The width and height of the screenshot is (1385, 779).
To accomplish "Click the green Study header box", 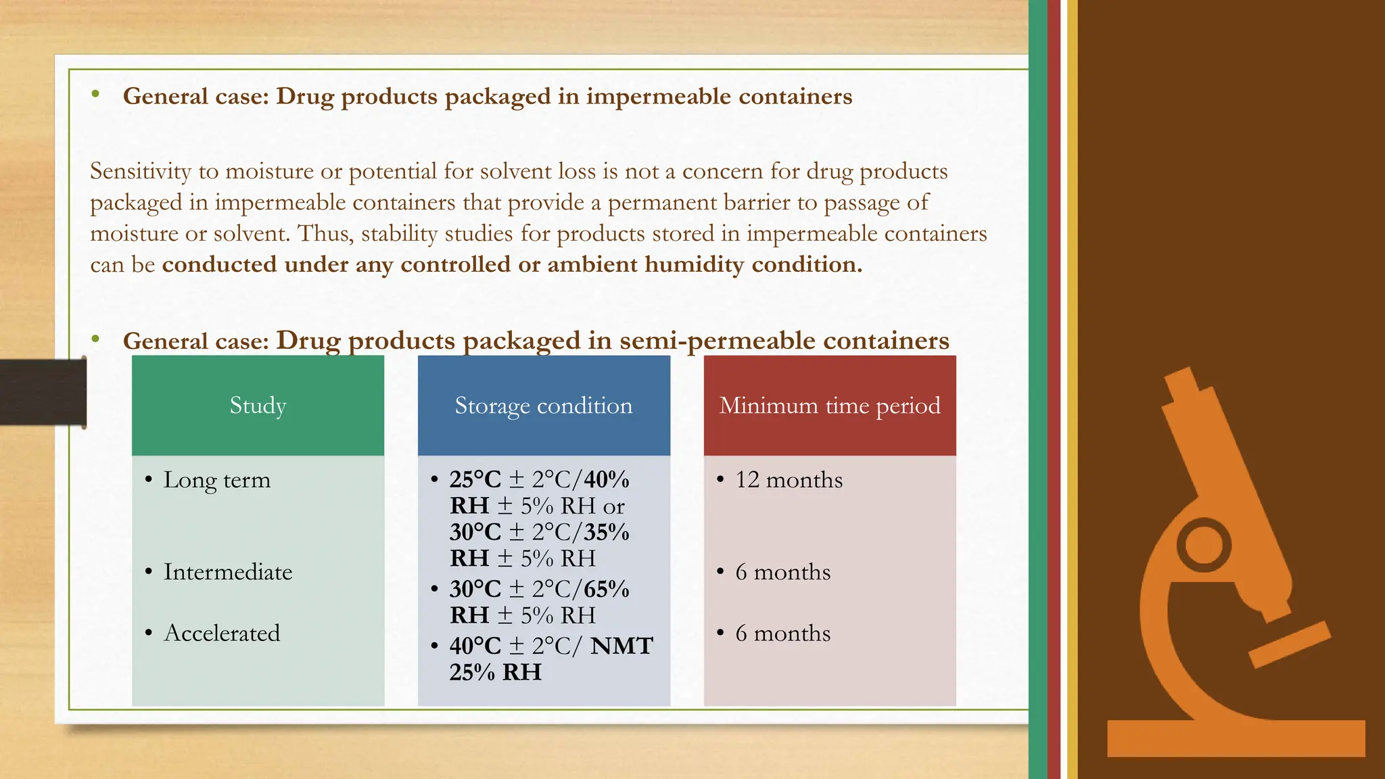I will pos(258,405).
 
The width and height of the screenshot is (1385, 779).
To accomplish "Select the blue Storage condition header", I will pos(544,405).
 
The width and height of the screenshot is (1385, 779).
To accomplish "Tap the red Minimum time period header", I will pos(830,405).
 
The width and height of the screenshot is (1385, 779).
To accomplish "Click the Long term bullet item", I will pos(216,480).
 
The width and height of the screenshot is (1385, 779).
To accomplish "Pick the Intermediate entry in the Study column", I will pos(228,572).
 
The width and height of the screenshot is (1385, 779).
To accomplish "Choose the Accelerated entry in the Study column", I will pos(222,633).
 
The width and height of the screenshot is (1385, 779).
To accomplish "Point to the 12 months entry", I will pos(789,480).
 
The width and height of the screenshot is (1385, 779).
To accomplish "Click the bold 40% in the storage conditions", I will pos(607,479).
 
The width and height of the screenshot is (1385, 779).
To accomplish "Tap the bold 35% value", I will pos(607,532).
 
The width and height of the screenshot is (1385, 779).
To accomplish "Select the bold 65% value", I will pos(607,589).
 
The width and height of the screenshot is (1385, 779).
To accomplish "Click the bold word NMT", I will pos(621,646).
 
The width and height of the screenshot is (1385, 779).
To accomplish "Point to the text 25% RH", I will pos(496,672).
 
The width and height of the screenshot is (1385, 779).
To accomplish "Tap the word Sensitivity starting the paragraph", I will pos(141,172).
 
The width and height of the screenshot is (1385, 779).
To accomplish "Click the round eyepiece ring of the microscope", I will pos(1204,545).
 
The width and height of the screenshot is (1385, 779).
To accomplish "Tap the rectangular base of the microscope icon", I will pos(1236,738).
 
